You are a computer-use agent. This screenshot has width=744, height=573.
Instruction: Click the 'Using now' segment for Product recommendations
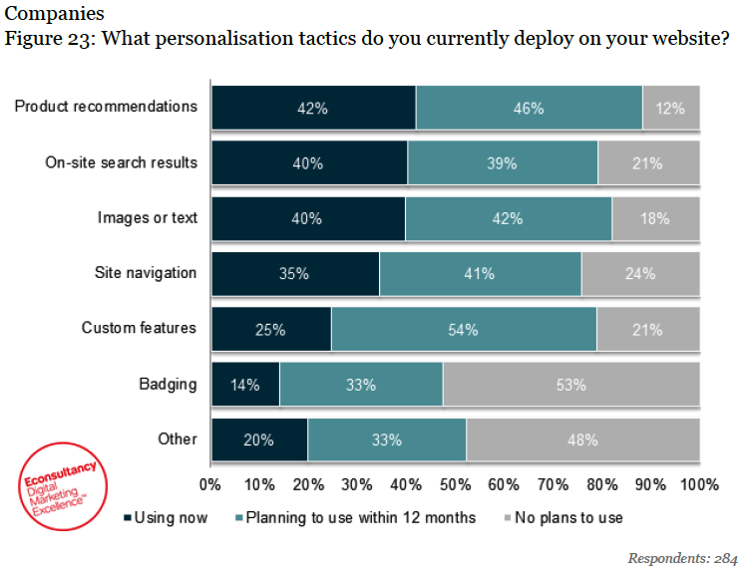pyautogui.click(x=313, y=108)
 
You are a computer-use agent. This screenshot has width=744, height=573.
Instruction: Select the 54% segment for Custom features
pyautogui.click(x=464, y=329)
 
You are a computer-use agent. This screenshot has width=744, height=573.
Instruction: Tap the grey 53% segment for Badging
pyautogui.click(x=570, y=385)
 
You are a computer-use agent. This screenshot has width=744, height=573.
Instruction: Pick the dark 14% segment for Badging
pyautogui.click(x=245, y=385)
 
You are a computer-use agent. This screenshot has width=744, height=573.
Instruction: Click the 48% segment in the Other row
pyautogui.click(x=582, y=439)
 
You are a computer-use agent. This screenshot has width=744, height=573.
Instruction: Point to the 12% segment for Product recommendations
pyautogui.click(x=670, y=108)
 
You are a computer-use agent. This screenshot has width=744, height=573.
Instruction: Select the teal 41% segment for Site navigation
pyautogui.click(x=480, y=273)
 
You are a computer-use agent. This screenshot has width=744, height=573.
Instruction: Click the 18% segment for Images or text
pyautogui.click(x=655, y=218)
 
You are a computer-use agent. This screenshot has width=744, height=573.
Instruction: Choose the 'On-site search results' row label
pyautogui.click(x=122, y=162)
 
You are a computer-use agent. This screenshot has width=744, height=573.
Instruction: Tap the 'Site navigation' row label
pyautogui.click(x=146, y=272)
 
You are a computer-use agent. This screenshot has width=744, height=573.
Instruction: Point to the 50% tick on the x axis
pyautogui.click(x=455, y=485)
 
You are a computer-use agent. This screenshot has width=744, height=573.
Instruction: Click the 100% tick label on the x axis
pyautogui.click(x=698, y=485)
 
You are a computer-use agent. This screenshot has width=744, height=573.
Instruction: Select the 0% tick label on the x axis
pyautogui.click(x=210, y=485)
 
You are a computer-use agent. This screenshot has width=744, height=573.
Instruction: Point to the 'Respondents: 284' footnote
pyautogui.click(x=683, y=557)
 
